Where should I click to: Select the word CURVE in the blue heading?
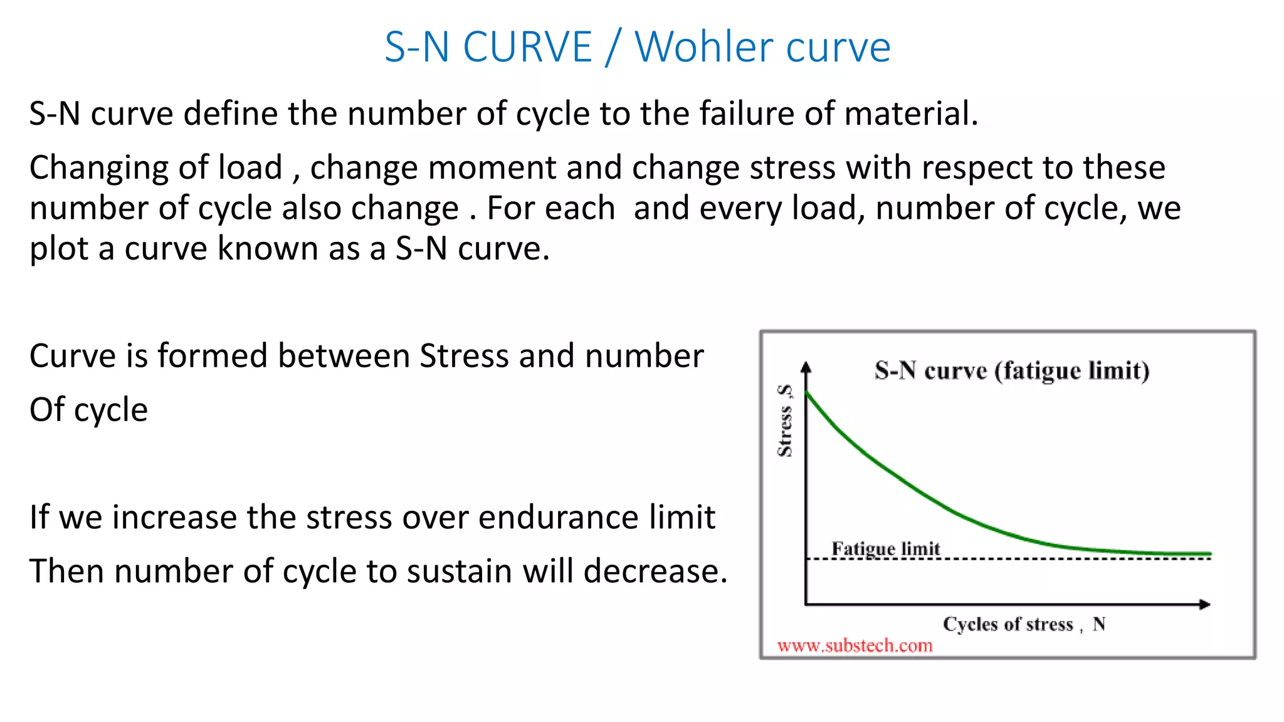pyautogui.click(x=527, y=47)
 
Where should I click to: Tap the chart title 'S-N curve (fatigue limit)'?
pyautogui.click(x=1012, y=370)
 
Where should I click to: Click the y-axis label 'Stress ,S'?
pyautogui.click(x=785, y=421)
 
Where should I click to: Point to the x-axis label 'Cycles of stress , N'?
pyautogui.click(x=1023, y=624)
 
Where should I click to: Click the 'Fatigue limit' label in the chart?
pyautogui.click(x=885, y=548)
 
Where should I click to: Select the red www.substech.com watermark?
pyautogui.click(x=855, y=646)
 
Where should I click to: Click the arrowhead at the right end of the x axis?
pyautogui.click(x=1205, y=604)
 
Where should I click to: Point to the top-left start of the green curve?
pyautogui.click(x=808, y=394)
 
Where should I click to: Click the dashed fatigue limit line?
pyautogui.click(x=1066, y=558)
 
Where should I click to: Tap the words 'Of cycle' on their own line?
pyautogui.click(x=88, y=410)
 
